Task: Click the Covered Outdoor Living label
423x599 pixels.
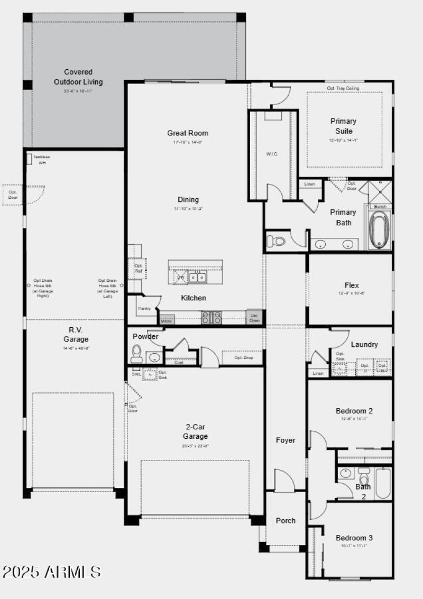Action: [x=78, y=77]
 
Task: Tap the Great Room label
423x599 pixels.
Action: [x=188, y=133]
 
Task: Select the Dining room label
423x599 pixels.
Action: [x=188, y=200]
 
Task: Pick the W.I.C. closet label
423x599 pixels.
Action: [x=272, y=154]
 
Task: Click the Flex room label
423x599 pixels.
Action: [x=352, y=285]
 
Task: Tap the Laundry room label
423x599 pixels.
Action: [x=364, y=345]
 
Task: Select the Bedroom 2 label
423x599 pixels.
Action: [x=354, y=411]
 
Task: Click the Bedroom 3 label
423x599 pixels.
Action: [x=354, y=538]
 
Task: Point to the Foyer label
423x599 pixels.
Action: [x=286, y=440]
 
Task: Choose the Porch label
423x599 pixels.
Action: [x=286, y=521]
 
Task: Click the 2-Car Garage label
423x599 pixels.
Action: [x=196, y=431]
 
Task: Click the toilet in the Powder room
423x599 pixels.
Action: [x=136, y=352]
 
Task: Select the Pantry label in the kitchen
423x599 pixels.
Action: [x=144, y=308]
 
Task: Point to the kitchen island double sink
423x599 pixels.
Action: [x=198, y=277]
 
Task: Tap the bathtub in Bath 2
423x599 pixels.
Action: [x=383, y=483]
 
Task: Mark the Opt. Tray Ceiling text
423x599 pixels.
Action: [x=343, y=88]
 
